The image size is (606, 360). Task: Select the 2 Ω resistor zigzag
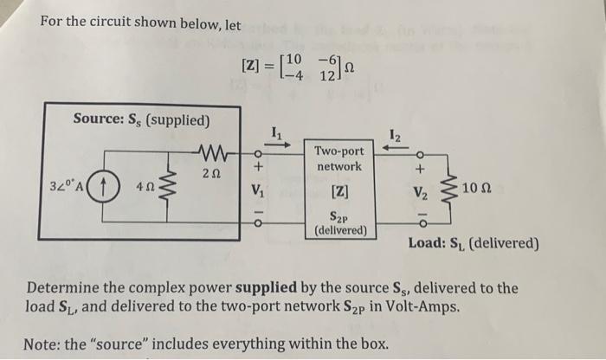pyautogui.click(x=205, y=156)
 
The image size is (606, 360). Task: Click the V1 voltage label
pyautogui.click(x=256, y=190)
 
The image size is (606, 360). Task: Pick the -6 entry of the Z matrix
pyautogui.click(x=329, y=59)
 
